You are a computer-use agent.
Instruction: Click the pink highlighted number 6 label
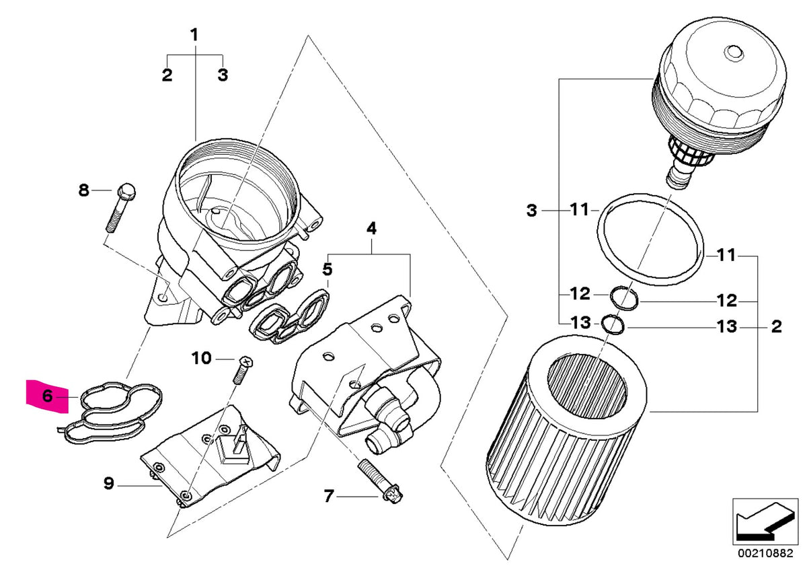click(47, 396)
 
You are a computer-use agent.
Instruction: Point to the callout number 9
click(109, 483)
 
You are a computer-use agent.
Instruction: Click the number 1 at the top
click(194, 34)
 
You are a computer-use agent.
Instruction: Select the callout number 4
click(371, 229)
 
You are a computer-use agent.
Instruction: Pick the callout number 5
click(328, 270)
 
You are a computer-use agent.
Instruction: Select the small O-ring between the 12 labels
click(623, 298)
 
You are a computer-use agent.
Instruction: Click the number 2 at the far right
click(776, 327)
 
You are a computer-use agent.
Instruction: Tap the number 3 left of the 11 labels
click(531, 211)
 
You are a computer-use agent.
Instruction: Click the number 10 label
click(202, 358)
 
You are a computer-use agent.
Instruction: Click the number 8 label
click(83, 190)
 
